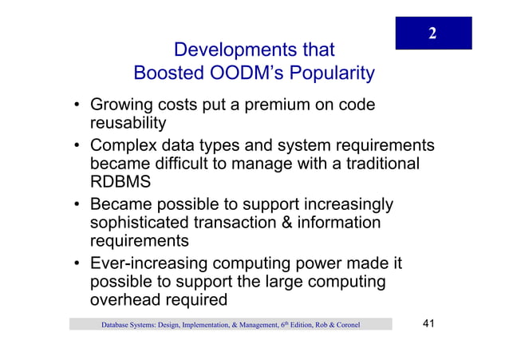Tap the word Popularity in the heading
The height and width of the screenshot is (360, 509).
pyautogui.click(x=331, y=74)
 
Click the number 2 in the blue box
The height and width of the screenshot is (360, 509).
pyautogui.click(x=432, y=33)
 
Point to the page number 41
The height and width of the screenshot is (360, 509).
pyautogui.click(x=429, y=323)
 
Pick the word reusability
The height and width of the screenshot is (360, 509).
pyautogui.click(x=128, y=123)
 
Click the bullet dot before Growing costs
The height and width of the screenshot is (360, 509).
pyautogui.click(x=73, y=106)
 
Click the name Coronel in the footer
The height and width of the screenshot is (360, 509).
pyautogui.click(x=344, y=325)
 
